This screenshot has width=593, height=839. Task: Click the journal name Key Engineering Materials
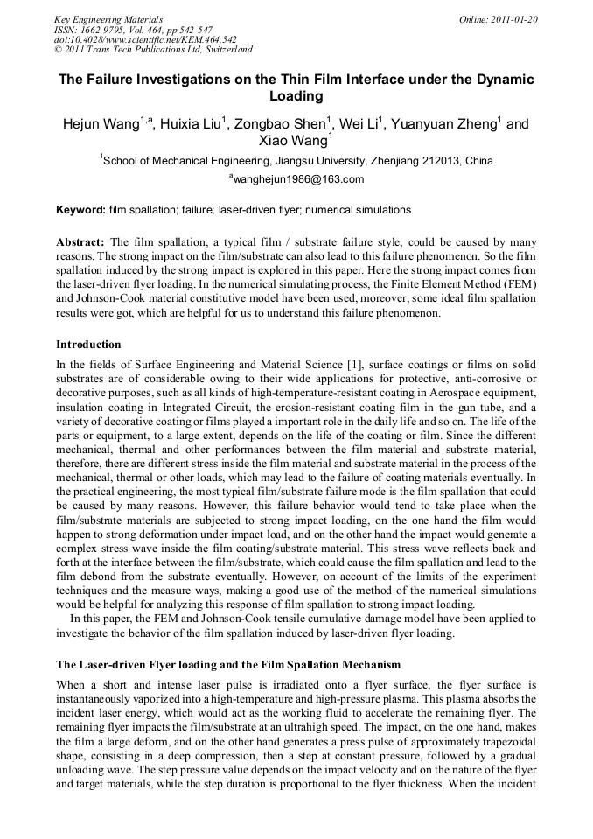[x=108, y=18]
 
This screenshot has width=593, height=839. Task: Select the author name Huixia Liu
[x=192, y=124]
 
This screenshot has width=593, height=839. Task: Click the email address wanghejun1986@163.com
[x=297, y=179]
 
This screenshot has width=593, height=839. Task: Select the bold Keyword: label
[x=80, y=211]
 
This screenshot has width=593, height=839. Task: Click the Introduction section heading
[x=88, y=345]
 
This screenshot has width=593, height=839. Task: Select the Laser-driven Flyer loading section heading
[x=227, y=665]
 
